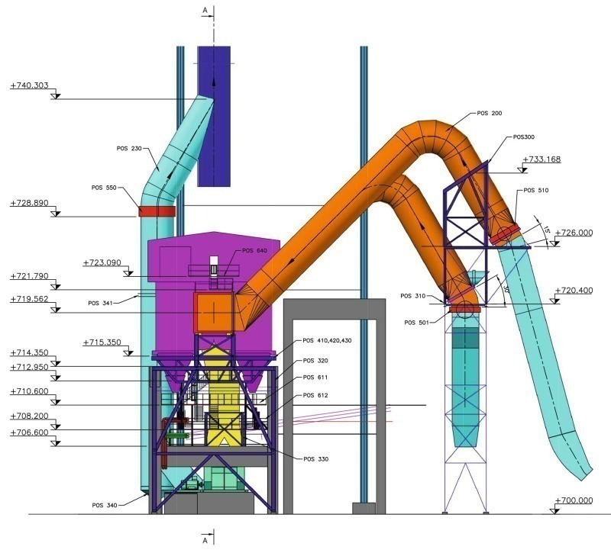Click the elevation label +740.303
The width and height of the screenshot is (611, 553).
(30, 85)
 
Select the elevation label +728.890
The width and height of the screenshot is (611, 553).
(30, 203)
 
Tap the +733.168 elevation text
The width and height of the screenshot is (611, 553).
(541, 159)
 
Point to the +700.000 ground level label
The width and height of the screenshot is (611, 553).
(574, 500)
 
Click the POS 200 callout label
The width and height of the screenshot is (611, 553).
(490, 113)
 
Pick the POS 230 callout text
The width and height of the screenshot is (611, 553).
(129, 148)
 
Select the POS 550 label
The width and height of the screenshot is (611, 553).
(104, 188)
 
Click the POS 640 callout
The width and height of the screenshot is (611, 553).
(254, 251)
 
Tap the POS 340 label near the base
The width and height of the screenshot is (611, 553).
(105, 505)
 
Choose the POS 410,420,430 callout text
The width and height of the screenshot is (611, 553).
(327, 340)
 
